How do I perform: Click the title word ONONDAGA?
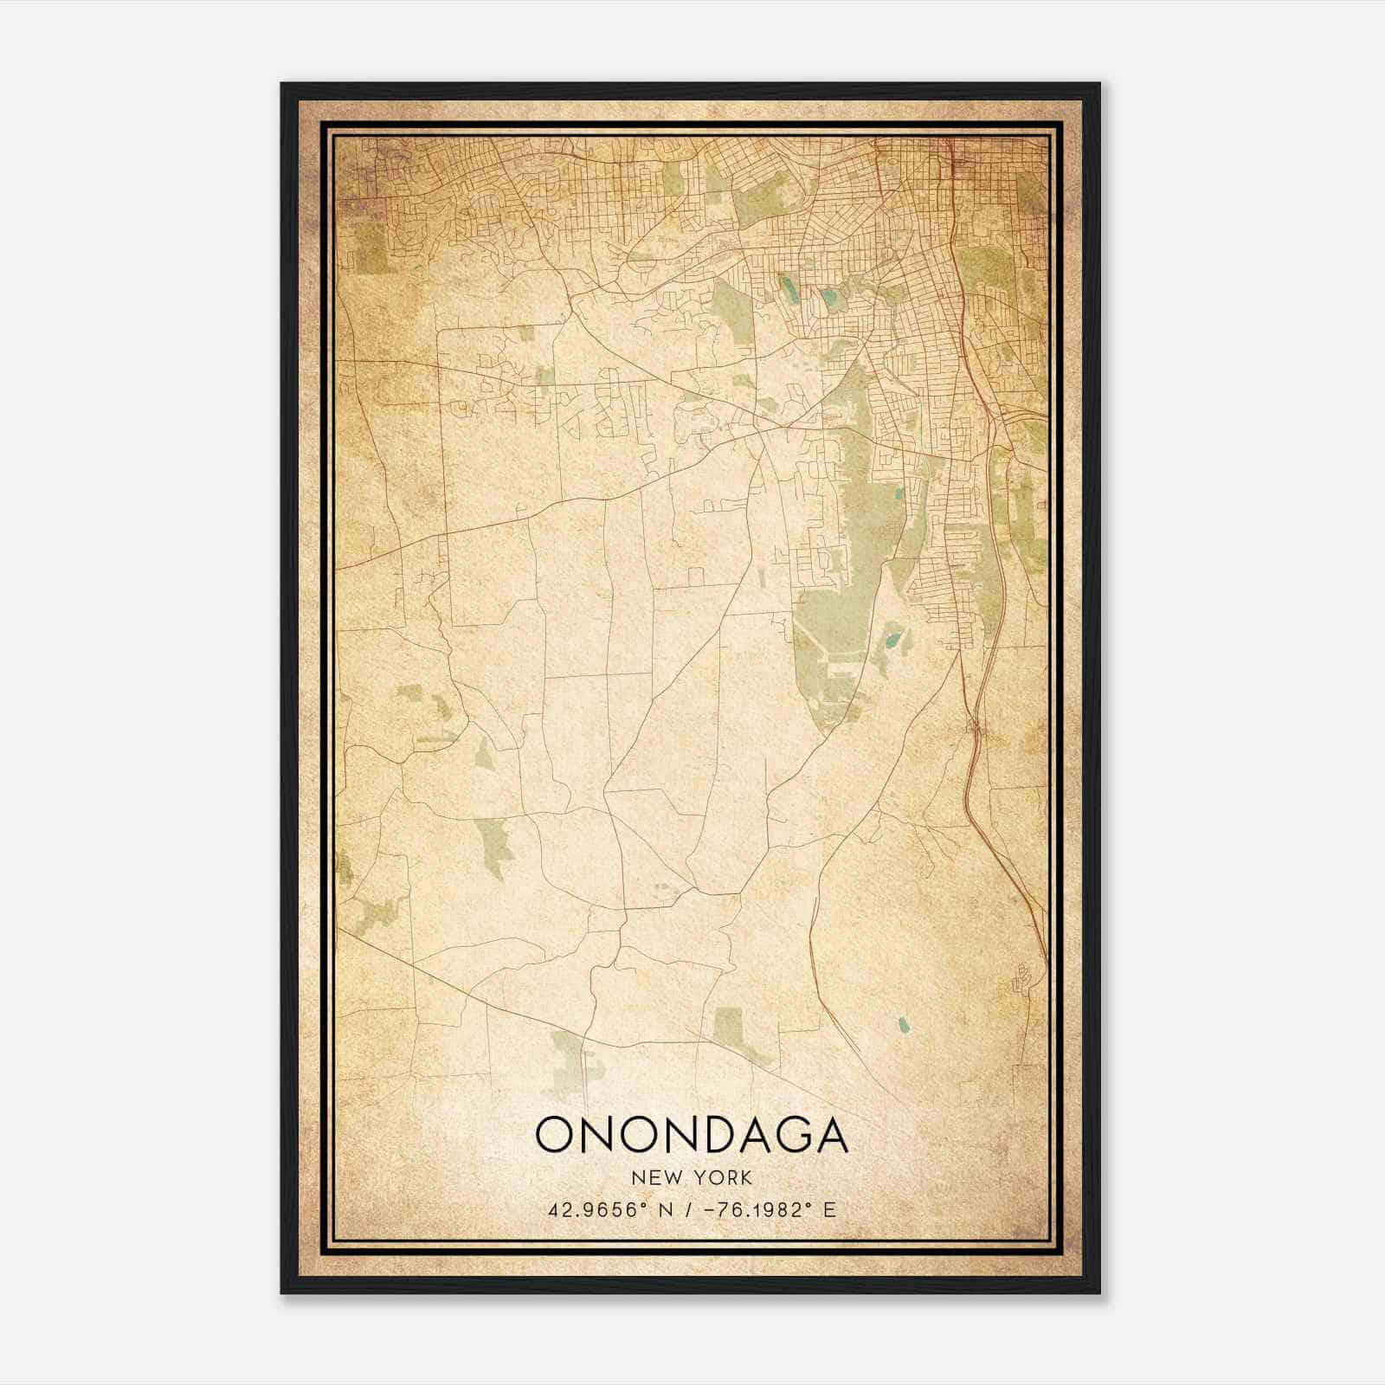tap(692, 1135)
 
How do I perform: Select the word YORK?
tap(724, 1178)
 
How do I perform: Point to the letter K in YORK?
tap(746, 1178)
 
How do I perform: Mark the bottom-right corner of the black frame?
tap(1099, 1292)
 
